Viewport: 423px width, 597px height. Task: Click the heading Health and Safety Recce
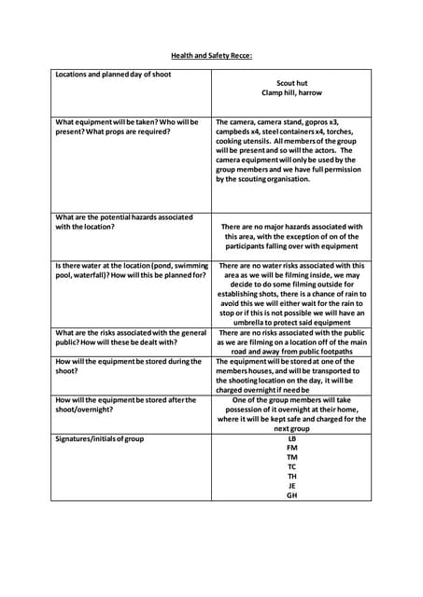211,55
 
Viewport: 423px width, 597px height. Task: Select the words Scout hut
292,83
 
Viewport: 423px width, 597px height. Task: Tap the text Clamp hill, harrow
292,93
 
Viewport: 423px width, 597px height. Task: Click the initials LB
292,438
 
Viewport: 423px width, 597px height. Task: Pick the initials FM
292,448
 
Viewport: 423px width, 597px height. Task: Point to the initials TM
292,457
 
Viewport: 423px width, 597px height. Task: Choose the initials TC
292,467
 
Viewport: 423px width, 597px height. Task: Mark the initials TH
292,477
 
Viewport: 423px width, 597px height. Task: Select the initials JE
292,486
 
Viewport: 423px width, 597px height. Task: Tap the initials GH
292,495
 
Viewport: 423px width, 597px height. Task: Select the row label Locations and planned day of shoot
113,74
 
